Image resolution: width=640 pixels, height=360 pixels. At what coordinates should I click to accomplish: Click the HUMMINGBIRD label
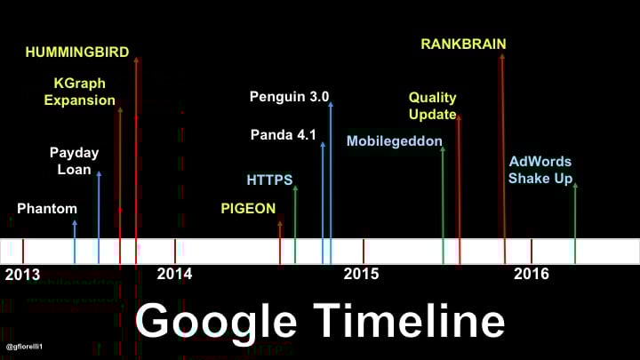[x=77, y=52]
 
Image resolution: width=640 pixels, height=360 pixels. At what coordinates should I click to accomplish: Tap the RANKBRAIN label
[x=463, y=44]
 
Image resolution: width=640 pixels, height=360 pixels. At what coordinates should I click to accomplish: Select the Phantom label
[x=47, y=209]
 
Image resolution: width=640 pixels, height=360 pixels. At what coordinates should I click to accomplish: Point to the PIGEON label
[x=248, y=209]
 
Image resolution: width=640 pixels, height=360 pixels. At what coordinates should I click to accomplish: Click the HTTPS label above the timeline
[x=269, y=180]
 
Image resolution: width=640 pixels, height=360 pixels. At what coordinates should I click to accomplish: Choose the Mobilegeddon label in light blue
[x=395, y=141]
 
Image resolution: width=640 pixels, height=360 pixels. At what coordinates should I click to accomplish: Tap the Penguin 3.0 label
[x=289, y=97]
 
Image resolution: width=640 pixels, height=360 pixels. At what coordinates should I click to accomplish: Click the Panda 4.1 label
[x=284, y=135]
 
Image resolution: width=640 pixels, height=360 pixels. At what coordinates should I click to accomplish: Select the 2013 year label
[x=22, y=275]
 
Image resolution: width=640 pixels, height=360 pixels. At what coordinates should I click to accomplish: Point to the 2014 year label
[x=174, y=274]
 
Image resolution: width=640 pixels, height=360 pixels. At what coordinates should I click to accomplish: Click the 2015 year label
[x=361, y=274]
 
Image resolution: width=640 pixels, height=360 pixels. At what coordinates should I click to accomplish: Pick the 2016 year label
[x=531, y=274]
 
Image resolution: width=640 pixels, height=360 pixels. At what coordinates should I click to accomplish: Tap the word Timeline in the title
[x=410, y=320]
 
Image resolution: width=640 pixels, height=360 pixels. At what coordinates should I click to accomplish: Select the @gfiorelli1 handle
[x=25, y=347]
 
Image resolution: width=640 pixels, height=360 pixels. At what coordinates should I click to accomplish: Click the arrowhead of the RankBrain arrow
[x=502, y=57]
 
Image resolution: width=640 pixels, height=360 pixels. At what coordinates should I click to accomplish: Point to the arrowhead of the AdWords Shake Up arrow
[x=575, y=186]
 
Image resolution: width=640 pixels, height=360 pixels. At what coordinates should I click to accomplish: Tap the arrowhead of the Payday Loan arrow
[x=99, y=174]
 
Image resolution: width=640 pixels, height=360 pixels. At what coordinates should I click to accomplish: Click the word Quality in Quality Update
[x=433, y=98]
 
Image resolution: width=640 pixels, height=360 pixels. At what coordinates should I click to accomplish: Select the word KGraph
[x=80, y=84]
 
